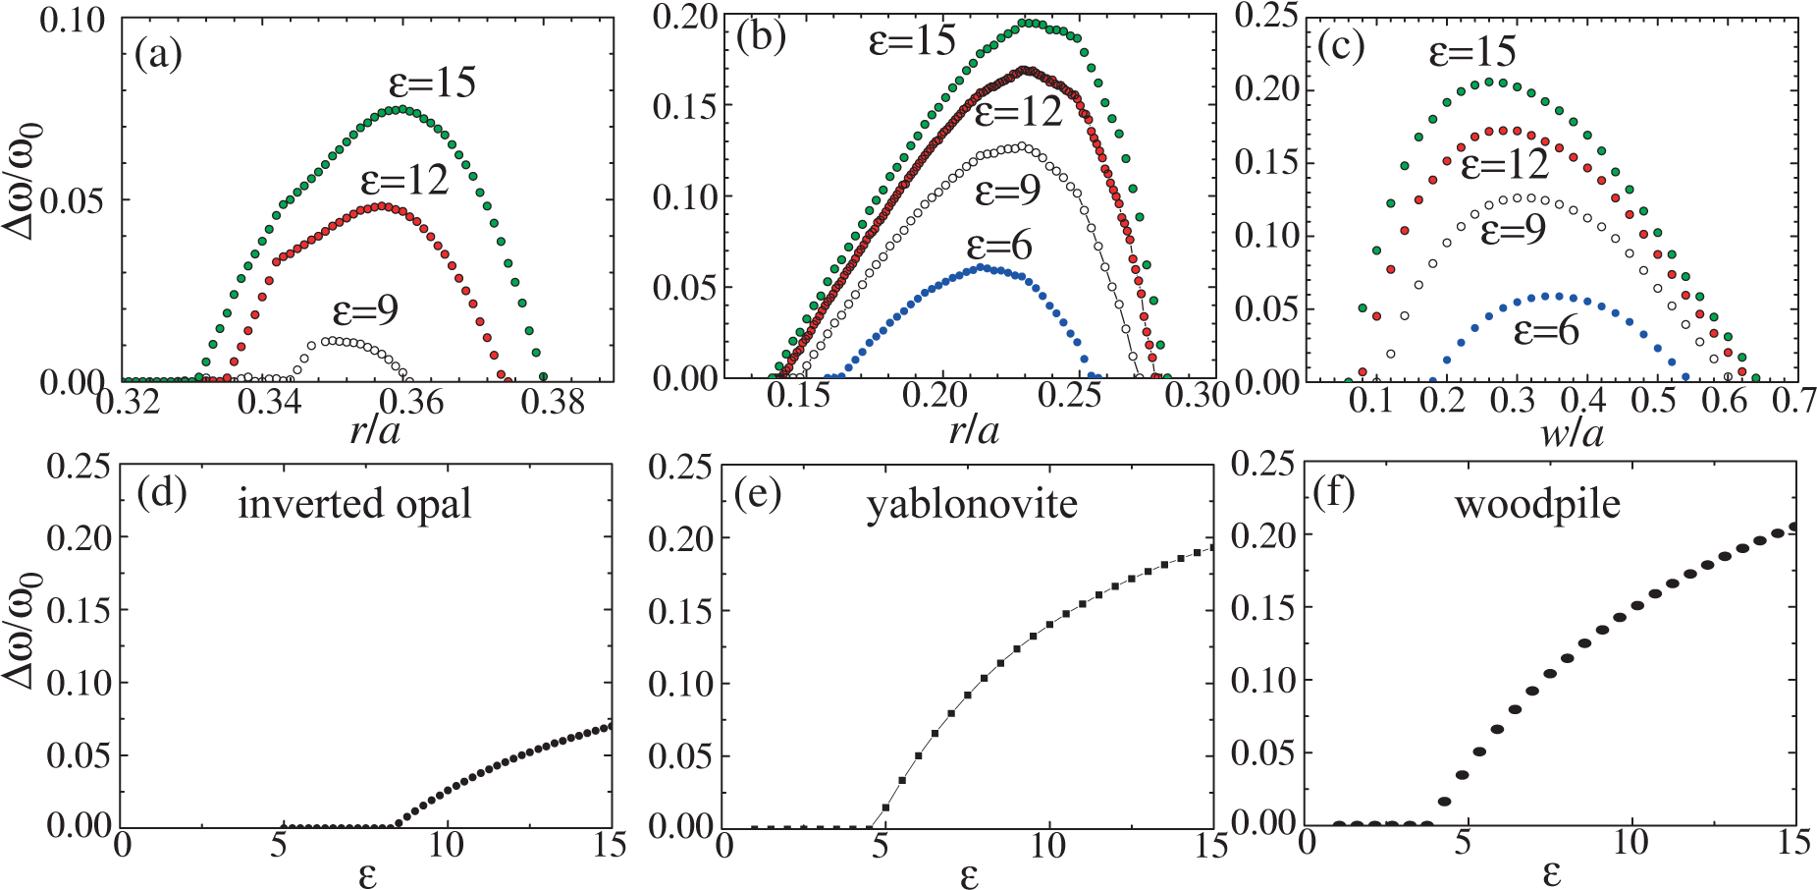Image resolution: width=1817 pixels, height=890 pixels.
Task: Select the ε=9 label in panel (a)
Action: pyautogui.click(x=365, y=311)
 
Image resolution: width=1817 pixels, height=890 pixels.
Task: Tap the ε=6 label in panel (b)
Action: pyautogui.click(x=999, y=246)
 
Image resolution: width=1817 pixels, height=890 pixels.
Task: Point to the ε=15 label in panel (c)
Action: pyautogui.click(x=1472, y=51)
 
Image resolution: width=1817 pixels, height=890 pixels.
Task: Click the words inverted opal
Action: pyautogui.click(x=354, y=504)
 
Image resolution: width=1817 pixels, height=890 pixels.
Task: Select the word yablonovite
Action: pyautogui.click(x=971, y=504)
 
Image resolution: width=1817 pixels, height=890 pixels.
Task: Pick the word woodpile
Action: pyautogui.click(x=1537, y=504)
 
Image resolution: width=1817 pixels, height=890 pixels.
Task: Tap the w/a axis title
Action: pyautogui.click(x=1572, y=432)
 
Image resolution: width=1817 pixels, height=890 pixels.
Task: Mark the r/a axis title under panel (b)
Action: pyautogui.click(x=974, y=429)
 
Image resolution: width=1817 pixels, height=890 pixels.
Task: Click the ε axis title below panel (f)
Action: pyautogui.click(x=1551, y=872)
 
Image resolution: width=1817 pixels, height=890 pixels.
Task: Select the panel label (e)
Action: pyautogui.click(x=758, y=494)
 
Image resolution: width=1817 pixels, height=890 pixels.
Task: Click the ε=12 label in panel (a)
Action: pyautogui.click(x=403, y=181)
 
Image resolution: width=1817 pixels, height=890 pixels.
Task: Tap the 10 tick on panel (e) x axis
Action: pyautogui.click(x=1047, y=845)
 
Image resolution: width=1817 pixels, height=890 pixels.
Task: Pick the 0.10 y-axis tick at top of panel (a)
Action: pyautogui.click(x=72, y=20)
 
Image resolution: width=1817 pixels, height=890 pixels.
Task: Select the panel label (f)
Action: pyautogui.click(x=1333, y=492)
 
